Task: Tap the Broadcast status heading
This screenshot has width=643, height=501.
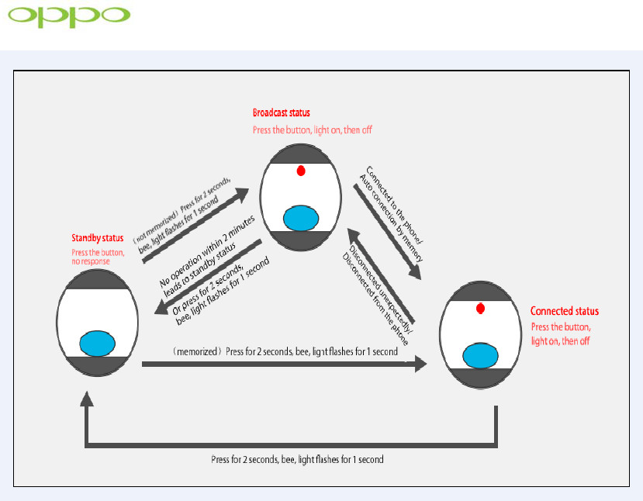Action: point(282,113)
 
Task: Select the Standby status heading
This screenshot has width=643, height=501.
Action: point(97,237)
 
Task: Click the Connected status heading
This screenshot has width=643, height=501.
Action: point(564,311)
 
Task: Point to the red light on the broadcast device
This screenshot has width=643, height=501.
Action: point(301,171)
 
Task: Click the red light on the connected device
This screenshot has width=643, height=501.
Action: point(481,309)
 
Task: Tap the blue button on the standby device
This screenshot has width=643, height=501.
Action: point(98,341)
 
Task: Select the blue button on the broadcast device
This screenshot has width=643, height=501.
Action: point(301,219)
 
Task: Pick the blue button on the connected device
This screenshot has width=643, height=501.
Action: point(481,355)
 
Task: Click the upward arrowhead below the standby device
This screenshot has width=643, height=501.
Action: point(87,399)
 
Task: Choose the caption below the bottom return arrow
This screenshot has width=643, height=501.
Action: point(297,459)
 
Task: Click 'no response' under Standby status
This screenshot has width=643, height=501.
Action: point(91,261)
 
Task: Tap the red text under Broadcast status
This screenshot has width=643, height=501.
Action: point(312,130)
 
